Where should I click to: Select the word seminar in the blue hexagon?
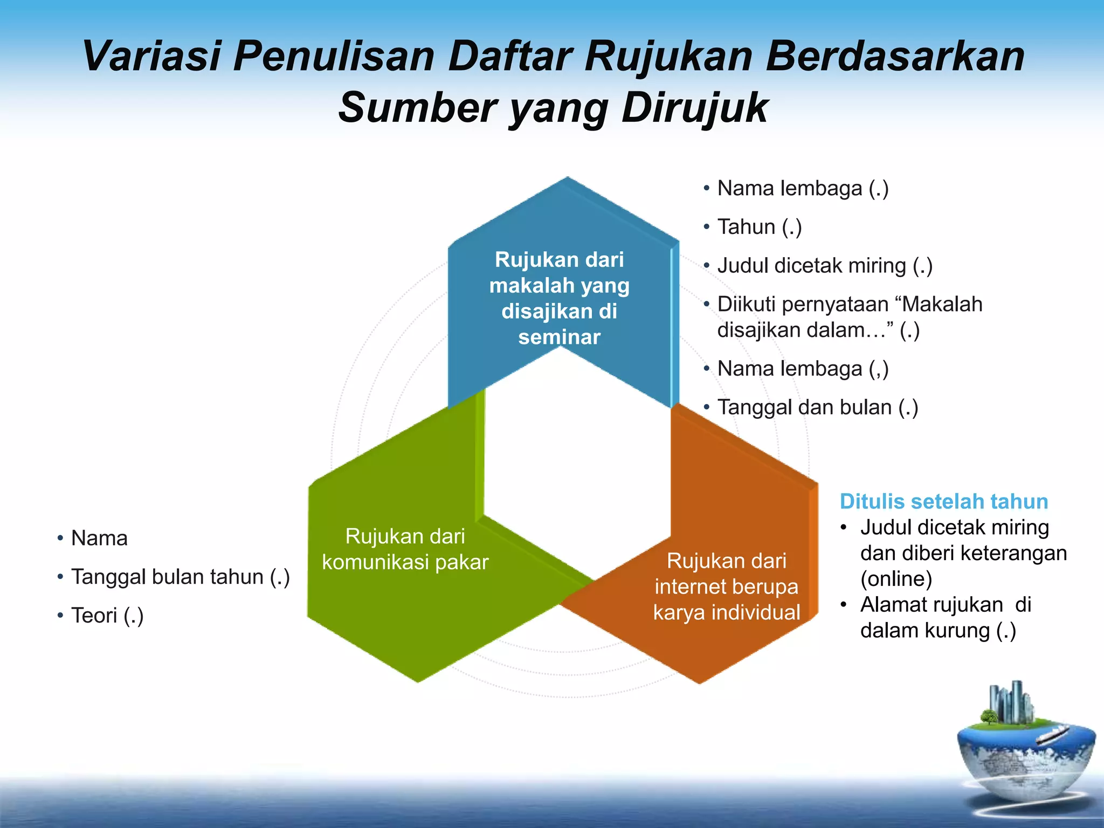coord(559,337)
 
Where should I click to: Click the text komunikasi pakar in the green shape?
coord(405,562)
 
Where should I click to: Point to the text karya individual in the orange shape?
coord(726,613)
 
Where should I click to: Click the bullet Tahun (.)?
coord(759,227)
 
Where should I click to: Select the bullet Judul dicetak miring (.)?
coord(824,266)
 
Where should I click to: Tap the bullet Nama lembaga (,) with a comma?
coord(802,369)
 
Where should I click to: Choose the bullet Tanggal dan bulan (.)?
coord(817,408)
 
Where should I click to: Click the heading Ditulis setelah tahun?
coord(943,501)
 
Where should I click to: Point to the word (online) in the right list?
coord(896,579)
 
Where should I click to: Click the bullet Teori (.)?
coord(107,616)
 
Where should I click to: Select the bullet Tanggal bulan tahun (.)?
coord(180,577)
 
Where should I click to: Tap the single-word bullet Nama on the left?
coord(99,538)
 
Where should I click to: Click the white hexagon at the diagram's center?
coord(577,464)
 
